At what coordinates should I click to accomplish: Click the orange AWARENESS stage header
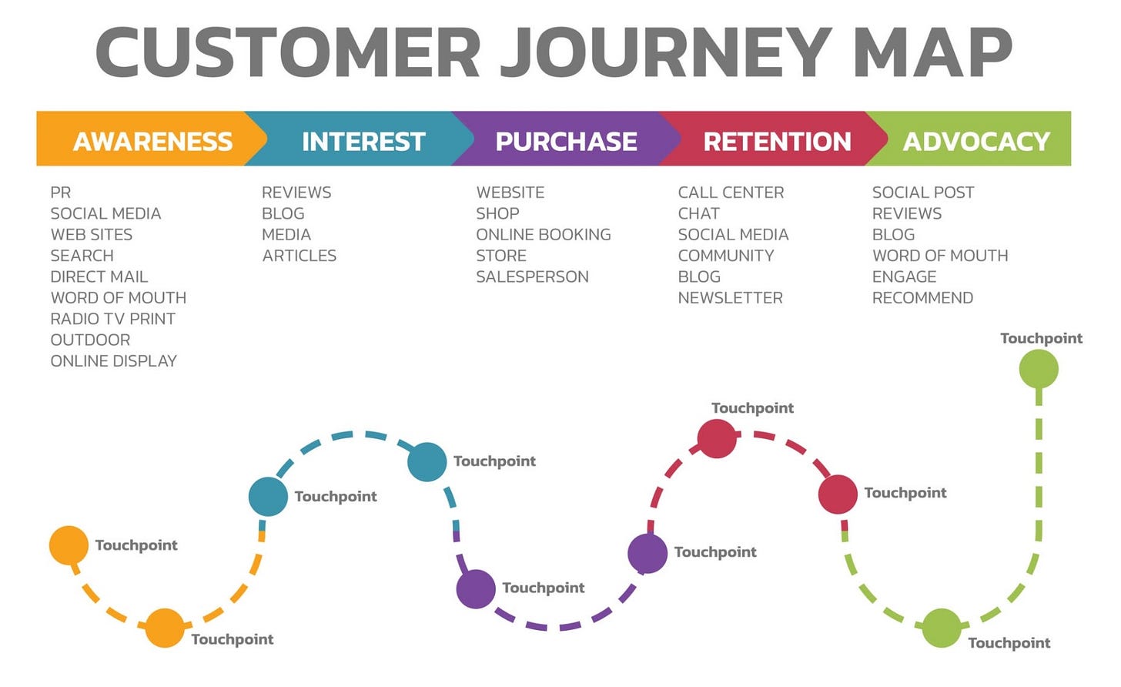[152, 141]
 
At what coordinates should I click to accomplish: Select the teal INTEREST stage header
[363, 141]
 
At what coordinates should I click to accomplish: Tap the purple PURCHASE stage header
[566, 141]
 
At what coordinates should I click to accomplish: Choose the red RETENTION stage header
[777, 141]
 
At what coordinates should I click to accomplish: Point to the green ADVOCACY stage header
[976, 141]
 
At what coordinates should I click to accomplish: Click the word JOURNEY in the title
[666, 52]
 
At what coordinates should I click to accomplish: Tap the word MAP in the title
[932, 52]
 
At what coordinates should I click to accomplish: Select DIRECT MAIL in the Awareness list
[99, 276]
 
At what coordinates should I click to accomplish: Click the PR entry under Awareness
[60, 193]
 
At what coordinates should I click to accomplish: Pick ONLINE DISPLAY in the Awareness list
[113, 360]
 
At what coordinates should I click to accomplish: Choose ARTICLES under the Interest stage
[299, 256]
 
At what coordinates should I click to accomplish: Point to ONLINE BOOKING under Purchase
[543, 234]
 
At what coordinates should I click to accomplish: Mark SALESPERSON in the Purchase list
[532, 276]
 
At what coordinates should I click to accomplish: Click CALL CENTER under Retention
[731, 193]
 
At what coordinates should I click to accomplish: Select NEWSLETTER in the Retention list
[730, 297]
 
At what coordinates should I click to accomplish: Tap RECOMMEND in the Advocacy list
[922, 297]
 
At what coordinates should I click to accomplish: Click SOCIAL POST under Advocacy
[922, 193]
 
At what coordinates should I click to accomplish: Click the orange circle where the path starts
[69, 545]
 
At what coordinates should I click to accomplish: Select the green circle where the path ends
[1039, 369]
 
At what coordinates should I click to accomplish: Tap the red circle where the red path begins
[717, 438]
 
